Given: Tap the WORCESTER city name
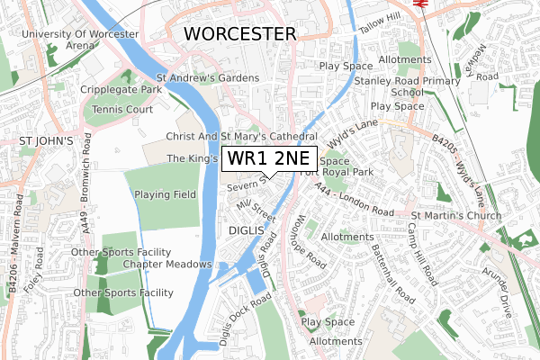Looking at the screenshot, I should (x=239, y=34).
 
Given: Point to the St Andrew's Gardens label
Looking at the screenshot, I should (x=207, y=78).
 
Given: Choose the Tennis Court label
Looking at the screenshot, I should (x=130, y=110).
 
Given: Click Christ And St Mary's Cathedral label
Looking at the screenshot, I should (x=240, y=136).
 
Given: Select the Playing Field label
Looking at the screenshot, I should (x=166, y=194).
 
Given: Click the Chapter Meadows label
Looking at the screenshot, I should (x=167, y=264).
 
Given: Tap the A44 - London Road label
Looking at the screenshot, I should (x=356, y=202).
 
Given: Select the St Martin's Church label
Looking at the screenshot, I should (x=454, y=216).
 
